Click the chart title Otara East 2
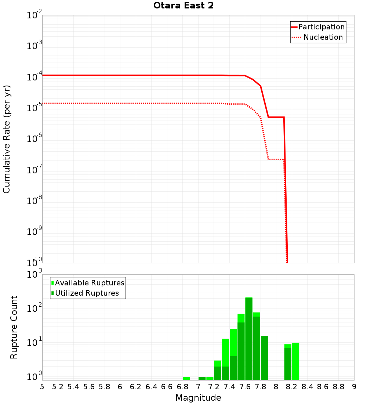point(178,6)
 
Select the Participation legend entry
point(321,27)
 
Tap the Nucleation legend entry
point(323,37)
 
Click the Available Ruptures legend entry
point(90,283)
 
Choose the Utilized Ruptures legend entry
point(87,293)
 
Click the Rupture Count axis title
point(14,327)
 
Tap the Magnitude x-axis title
point(198,398)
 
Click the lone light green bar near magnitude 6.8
point(186,378)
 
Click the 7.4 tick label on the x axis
point(229,387)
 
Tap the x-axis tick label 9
point(354,387)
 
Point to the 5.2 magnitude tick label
point(58,387)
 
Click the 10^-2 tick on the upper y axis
point(34,15)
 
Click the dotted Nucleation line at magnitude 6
point(120,103)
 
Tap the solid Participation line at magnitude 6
point(120,75)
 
